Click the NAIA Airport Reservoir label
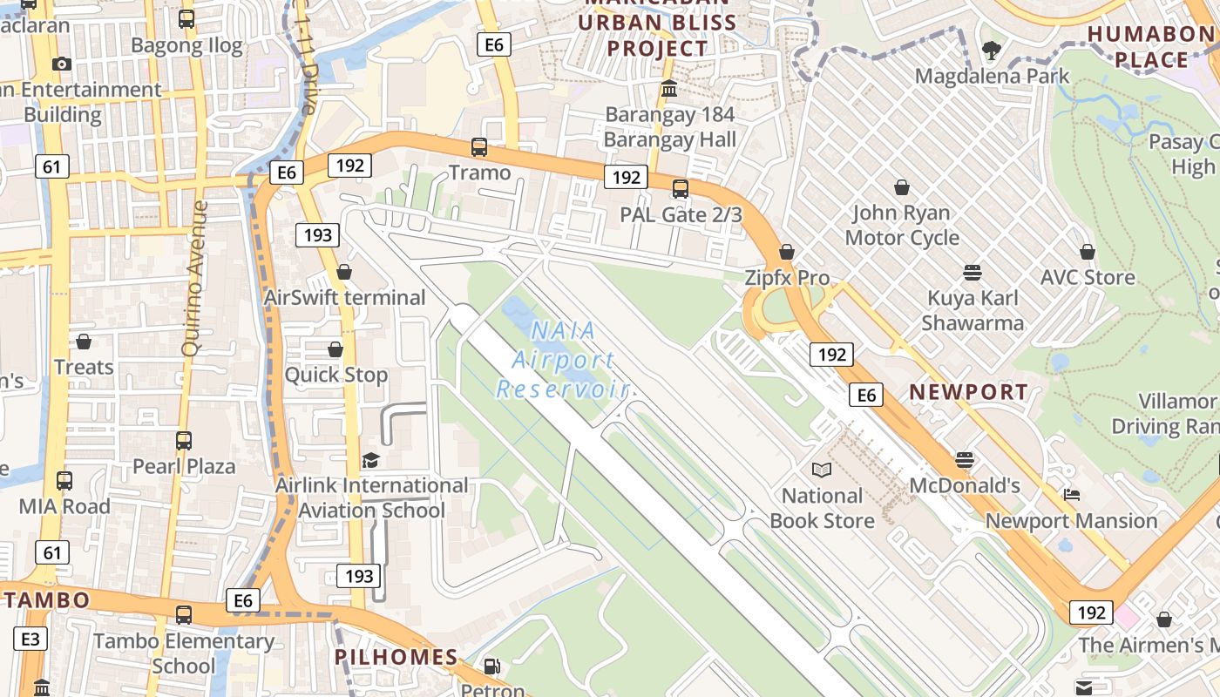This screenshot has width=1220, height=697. pyautogui.click(x=563, y=359)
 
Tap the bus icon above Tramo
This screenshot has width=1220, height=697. pyautogui.click(x=478, y=146)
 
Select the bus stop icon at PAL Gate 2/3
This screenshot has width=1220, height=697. pyautogui.click(x=681, y=188)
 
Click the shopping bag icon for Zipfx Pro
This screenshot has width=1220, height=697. pyautogui.click(x=787, y=252)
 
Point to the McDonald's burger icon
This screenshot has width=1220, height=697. pyautogui.click(x=964, y=459)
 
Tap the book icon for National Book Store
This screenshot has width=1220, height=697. pyautogui.click(x=821, y=470)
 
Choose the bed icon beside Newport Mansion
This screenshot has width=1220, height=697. pyautogui.click(x=1072, y=495)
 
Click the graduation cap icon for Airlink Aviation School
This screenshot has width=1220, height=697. pyautogui.click(x=371, y=459)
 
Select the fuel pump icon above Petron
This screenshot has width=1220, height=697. pyautogui.click(x=492, y=667)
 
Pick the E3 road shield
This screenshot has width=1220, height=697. pyautogui.click(x=30, y=639)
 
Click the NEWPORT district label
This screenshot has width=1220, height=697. pyautogui.click(x=968, y=392)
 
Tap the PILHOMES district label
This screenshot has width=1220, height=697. pyautogui.click(x=396, y=657)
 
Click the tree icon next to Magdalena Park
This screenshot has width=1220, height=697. pyautogui.click(x=991, y=50)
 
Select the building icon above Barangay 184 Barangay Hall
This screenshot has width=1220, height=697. pyautogui.click(x=669, y=89)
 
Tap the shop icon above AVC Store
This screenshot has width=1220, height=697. pyautogui.click(x=1087, y=252)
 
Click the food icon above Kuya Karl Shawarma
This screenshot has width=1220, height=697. pyautogui.click(x=973, y=272)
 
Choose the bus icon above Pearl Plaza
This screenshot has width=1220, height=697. pyautogui.click(x=183, y=440)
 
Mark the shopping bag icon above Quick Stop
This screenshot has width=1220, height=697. pyautogui.click(x=335, y=349)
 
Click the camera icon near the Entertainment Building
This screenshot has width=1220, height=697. pyautogui.click(x=61, y=64)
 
